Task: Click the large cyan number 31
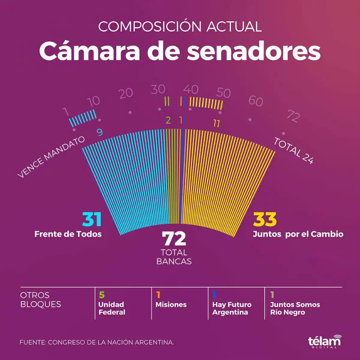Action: pos(92,220)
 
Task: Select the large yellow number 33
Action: pos(265,220)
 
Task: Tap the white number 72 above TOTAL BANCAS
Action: pos(174,239)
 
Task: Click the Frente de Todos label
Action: pos(68,234)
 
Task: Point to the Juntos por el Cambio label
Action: pos(298,234)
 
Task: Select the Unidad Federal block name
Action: pos(112,308)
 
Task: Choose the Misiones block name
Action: pos(171,304)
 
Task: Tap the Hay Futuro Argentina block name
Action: pos(232,308)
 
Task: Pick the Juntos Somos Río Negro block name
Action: pos(295,308)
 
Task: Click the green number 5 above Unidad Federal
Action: pos(102,295)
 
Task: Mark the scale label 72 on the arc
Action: pos(293,116)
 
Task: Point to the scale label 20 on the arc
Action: pos(126,93)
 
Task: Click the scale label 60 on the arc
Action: pos(256,101)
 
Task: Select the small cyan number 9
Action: pos(100,132)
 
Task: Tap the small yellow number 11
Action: pos(216,123)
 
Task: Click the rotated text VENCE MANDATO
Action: pos(51,157)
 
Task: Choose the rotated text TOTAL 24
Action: pos(293,151)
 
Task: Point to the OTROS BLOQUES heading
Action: pos(40,299)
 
